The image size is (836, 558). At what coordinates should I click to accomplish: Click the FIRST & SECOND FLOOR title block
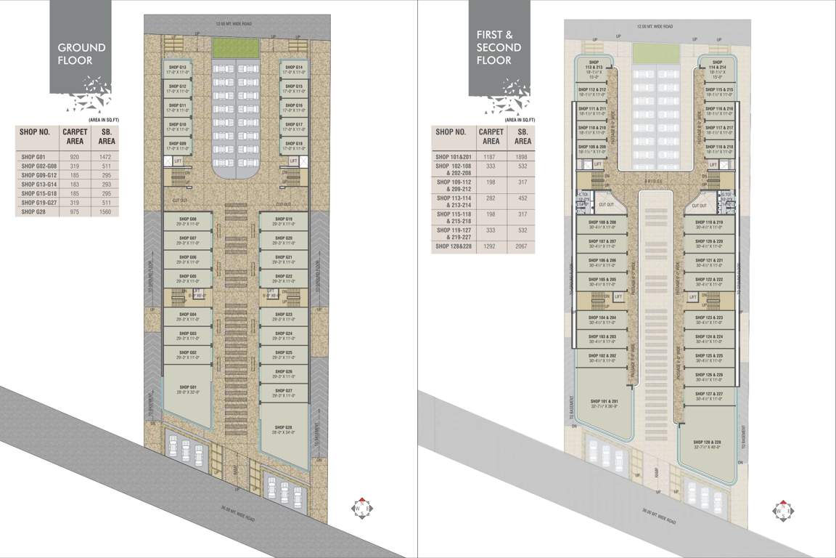(x=499, y=47)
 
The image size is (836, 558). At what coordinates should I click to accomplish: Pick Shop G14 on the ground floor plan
(x=293, y=69)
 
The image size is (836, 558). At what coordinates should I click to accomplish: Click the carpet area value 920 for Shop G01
(x=74, y=157)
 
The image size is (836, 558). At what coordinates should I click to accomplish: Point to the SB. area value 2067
(x=522, y=247)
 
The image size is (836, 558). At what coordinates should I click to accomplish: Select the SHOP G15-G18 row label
(x=38, y=193)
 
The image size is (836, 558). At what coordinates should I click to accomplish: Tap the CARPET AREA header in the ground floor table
(x=75, y=137)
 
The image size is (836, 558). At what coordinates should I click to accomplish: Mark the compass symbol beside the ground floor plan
(x=361, y=507)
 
